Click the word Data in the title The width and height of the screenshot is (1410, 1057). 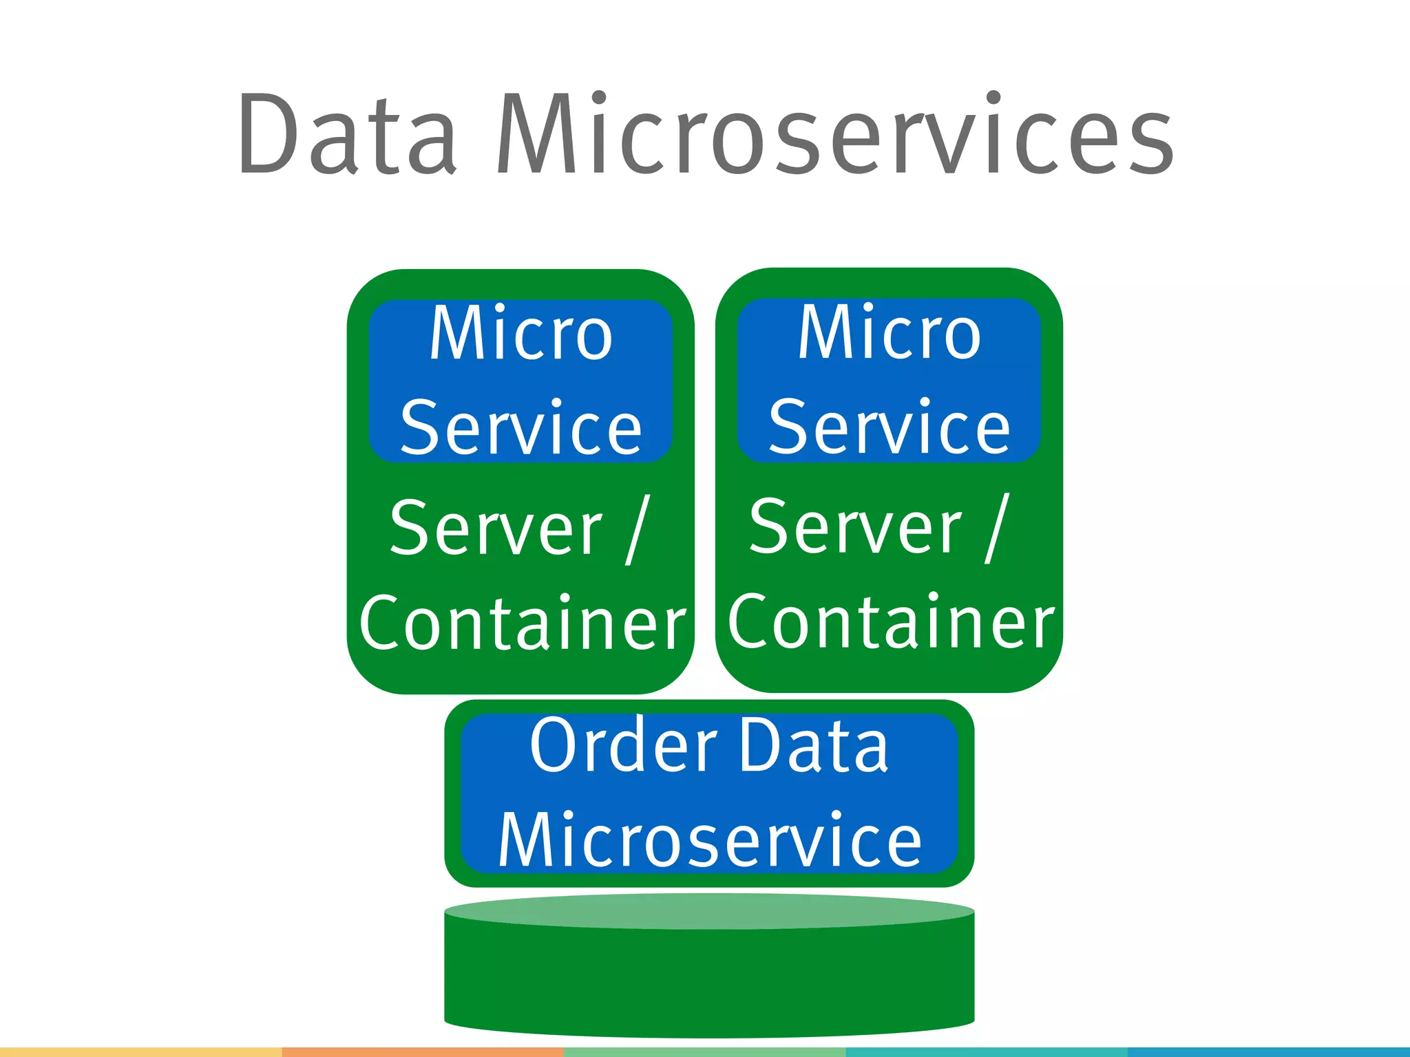(x=346, y=134)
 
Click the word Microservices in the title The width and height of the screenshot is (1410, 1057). (x=834, y=134)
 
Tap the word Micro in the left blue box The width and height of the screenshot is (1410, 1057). (x=520, y=334)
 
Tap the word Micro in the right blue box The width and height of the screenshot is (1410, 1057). (x=889, y=334)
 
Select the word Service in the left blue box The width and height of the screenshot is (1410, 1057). (x=520, y=429)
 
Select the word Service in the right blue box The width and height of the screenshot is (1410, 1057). (x=889, y=429)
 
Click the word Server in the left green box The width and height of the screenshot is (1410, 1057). (x=496, y=528)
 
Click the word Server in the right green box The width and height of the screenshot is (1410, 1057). (x=855, y=527)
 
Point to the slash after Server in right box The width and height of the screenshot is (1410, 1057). (x=997, y=528)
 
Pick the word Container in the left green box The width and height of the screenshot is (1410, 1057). (x=522, y=623)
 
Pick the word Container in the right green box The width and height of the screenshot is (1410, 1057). (x=890, y=622)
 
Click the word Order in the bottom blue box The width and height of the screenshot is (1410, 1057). (x=624, y=747)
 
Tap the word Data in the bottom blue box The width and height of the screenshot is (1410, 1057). (x=813, y=747)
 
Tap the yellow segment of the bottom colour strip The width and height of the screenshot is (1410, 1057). (x=140, y=1052)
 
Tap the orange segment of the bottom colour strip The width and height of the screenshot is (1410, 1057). (x=423, y=1052)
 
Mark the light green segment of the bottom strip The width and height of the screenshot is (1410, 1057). (x=704, y=1052)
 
